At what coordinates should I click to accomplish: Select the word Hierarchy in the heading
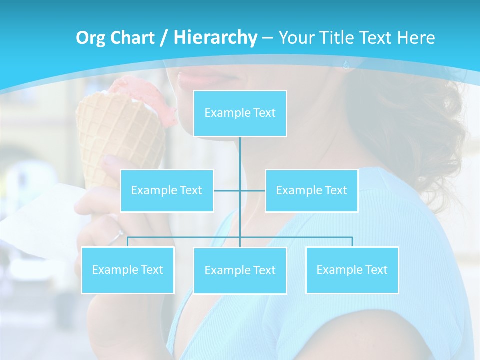pos(215,38)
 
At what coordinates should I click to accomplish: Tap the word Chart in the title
pos(134,38)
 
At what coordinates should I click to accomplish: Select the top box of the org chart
pos(240,113)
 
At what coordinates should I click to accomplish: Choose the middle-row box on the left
pos(167,190)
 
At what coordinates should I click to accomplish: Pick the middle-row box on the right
pos(311,190)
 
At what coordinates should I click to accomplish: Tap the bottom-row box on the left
pos(128,270)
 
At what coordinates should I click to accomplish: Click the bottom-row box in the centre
pos(240,270)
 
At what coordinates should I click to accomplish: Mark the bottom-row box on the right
pos(352,270)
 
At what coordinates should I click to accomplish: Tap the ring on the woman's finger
pos(117,234)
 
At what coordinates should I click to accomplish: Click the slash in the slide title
pos(164,38)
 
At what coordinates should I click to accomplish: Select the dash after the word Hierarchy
pos(267,38)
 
